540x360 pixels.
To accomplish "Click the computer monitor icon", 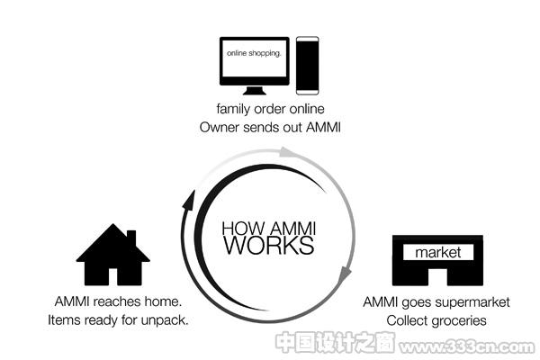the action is coord(255,66).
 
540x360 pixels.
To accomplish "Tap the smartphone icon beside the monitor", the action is coord(307,66).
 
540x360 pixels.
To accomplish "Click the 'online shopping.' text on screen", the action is coord(254,53).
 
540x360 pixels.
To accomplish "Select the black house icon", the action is coord(113,255).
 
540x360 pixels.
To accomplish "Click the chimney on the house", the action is coord(131,237).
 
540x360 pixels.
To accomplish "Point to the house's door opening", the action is coord(113,276).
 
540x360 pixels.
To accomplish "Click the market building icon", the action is coord(437,260).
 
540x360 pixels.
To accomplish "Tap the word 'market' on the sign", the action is coord(437,253).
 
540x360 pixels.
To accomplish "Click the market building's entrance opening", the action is coord(437,277).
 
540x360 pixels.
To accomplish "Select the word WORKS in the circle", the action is coord(269,245).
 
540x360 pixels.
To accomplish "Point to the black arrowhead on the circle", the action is coord(188,200).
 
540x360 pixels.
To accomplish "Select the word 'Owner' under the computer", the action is coord(220,128).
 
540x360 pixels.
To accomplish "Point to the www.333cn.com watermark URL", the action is coord(466,346).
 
